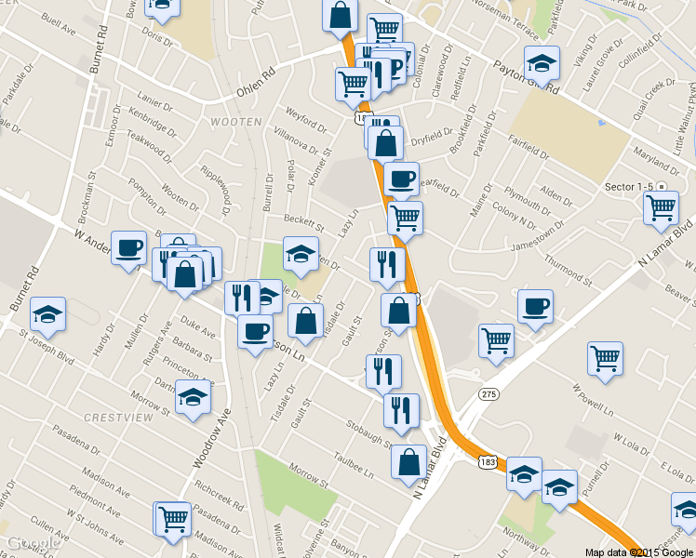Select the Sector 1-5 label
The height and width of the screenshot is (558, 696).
(627, 187)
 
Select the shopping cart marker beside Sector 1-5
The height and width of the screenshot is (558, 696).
(661, 207)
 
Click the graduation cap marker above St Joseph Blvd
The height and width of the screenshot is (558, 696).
(48, 313)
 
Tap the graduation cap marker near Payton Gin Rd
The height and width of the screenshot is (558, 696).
(542, 62)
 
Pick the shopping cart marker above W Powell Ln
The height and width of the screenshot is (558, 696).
(606, 358)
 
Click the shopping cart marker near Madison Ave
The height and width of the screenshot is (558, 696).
(173, 518)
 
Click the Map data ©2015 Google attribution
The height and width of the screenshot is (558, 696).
(639, 551)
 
